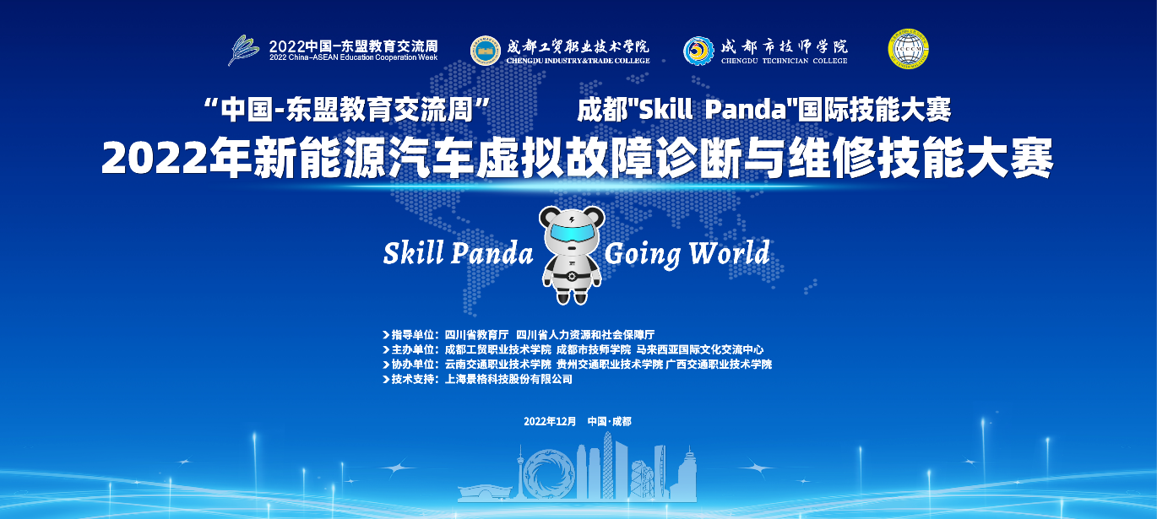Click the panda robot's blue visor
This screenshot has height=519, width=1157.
[x=571, y=232]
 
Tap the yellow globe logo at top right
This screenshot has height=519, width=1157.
[x=908, y=49]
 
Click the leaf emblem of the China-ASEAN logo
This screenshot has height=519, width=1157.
[x=243, y=50]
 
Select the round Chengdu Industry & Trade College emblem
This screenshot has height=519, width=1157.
[x=486, y=51]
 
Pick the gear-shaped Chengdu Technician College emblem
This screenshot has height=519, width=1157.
[x=699, y=51]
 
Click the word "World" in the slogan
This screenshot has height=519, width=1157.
[x=729, y=253]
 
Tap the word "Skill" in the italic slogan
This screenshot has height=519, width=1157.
[x=414, y=253]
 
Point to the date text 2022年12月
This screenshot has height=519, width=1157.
[x=550, y=421]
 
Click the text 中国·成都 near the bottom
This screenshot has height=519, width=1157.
[x=610, y=421]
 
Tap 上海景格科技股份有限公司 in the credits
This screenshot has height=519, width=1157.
[x=508, y=379]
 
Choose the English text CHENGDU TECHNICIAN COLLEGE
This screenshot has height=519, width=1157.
[x=784, y=61]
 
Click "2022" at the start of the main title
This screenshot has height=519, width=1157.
[x=154, y=158]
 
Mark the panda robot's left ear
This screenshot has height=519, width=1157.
[x=548, y=217]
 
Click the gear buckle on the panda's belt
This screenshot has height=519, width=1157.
[x=571, y=277]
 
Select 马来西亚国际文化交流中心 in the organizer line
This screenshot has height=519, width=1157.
[x=700, y=349]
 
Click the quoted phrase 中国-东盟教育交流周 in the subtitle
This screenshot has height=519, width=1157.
[x=346, y=110]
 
